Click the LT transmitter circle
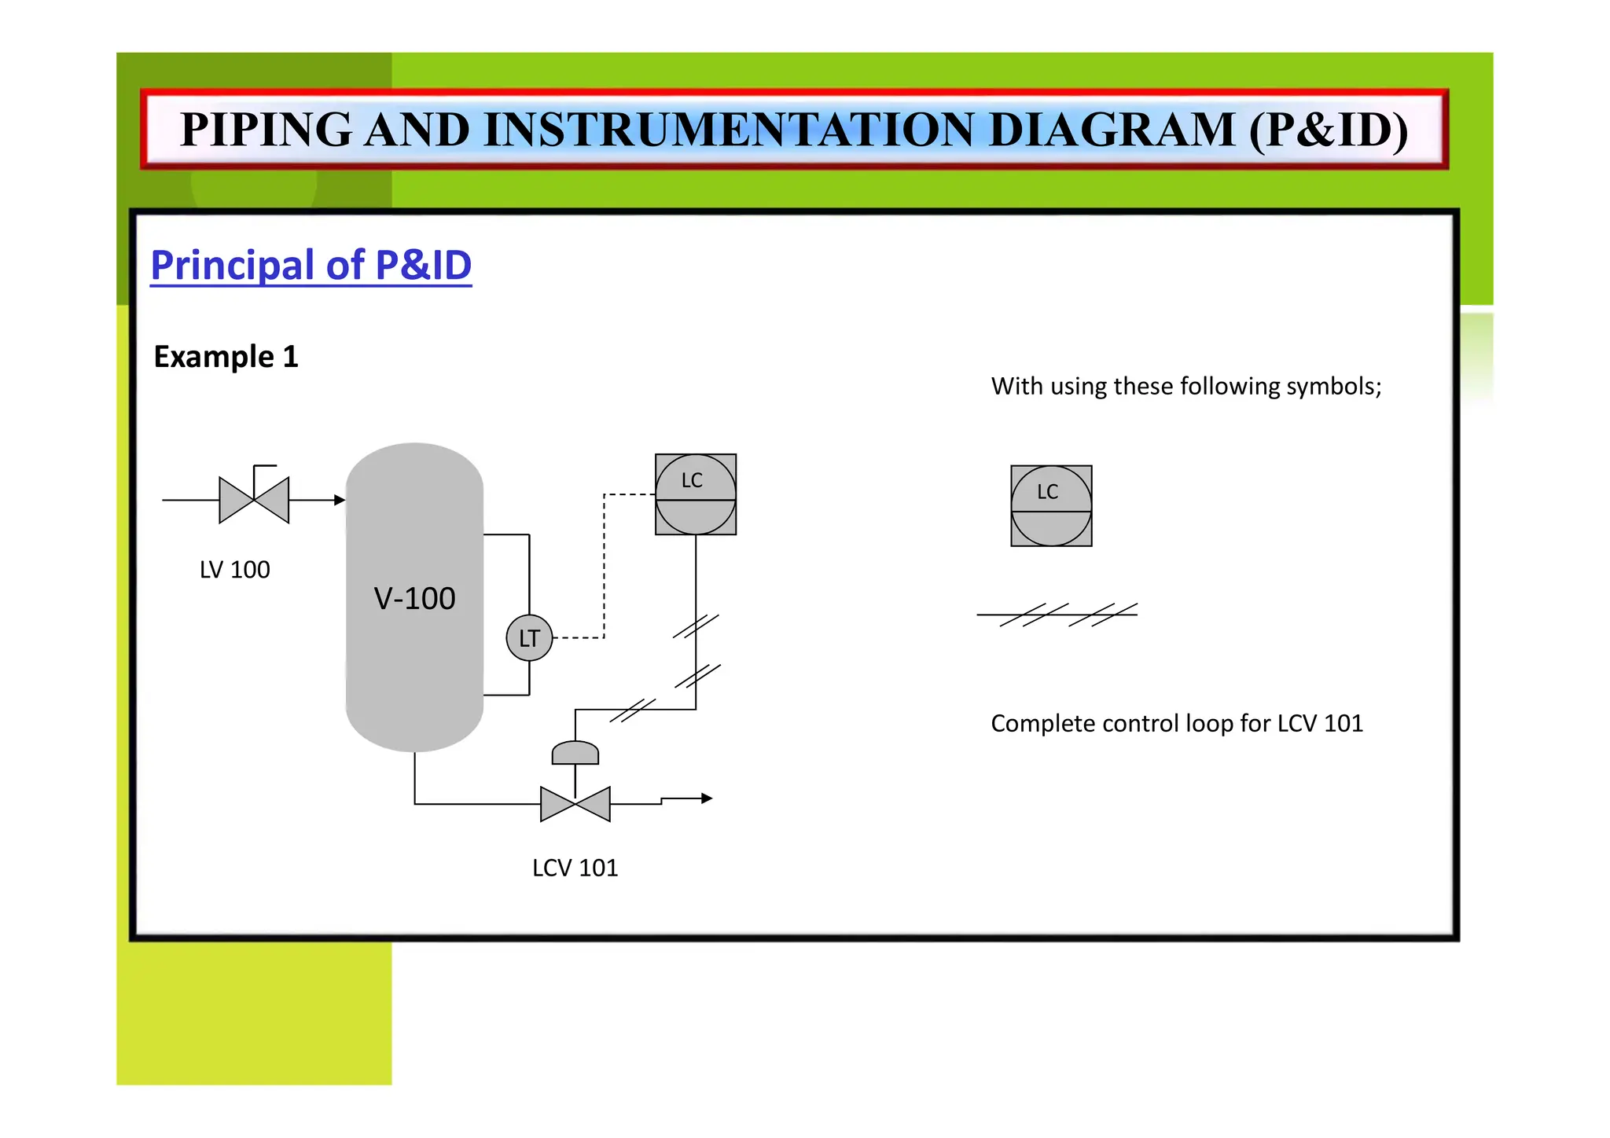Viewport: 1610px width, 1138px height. coord(529,637)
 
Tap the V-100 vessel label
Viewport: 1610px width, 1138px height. coord(414,599)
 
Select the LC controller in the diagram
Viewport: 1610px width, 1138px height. coord(696,494)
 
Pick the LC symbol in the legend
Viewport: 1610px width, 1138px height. coord(1051,506)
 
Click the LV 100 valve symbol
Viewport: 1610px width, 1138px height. coord(254,500)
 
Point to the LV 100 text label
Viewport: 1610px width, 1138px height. coord(234,570)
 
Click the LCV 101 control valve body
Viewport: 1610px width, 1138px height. coord(575,804)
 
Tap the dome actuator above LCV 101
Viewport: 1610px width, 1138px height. coord(575,753)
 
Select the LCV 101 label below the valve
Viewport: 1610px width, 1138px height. coord(575,868)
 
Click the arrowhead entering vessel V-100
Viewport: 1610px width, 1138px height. coord(340,500)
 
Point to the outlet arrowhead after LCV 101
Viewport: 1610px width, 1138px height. coord(707,798)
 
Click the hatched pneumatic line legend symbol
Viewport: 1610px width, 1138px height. coord(1057,615)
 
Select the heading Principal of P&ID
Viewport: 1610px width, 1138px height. coord(311,265)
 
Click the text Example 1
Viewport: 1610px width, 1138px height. coord(226,357)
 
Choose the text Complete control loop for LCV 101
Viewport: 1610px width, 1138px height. coord(1176,723)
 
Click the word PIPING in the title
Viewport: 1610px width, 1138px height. coord(266,130)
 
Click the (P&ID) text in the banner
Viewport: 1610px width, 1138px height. coord(1328,130)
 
